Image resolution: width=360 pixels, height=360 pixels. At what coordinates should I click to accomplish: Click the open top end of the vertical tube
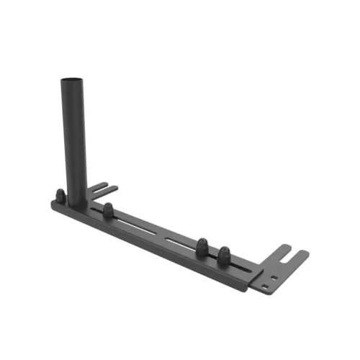click(72, 79)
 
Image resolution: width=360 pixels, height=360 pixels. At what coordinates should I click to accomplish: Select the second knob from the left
click(108, 210)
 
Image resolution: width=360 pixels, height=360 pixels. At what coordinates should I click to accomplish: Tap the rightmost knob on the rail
click(224, 254)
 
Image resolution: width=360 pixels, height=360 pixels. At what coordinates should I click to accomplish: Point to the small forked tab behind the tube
click(104, 189)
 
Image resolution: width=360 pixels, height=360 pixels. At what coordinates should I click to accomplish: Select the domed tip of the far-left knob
click(58, 191)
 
